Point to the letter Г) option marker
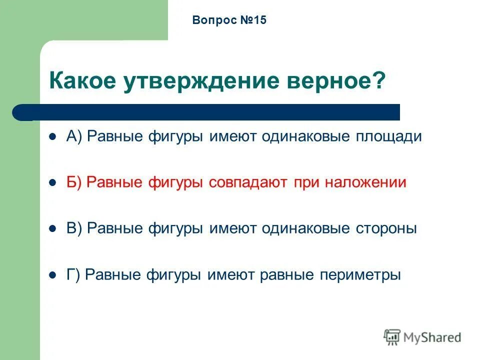73,275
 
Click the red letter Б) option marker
74,183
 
